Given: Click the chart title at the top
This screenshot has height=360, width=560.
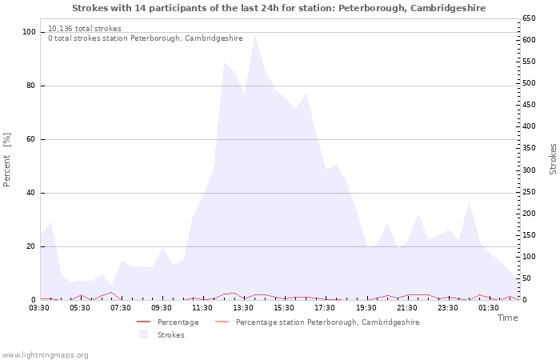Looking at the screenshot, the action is point(278,8).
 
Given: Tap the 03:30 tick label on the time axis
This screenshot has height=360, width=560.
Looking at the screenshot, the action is point(39,307).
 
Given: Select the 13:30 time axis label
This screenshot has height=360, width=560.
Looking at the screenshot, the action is point(243,307).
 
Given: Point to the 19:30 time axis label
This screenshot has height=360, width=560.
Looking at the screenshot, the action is point(366,307).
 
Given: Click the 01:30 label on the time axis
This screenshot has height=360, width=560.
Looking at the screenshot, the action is point(489,307).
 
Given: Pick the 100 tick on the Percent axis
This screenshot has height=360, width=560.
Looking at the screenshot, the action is point(29,32).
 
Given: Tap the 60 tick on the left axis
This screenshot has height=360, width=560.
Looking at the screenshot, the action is point(31,139).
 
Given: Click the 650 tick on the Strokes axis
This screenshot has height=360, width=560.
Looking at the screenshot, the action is point(530,18).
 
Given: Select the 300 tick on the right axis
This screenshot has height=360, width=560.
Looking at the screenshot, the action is point(530,170).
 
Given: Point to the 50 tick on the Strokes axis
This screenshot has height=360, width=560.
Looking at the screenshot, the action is point(527,278).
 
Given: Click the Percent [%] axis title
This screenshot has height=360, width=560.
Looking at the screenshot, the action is point(6,159).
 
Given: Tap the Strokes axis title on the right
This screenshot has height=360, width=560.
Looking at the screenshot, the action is point(553,159).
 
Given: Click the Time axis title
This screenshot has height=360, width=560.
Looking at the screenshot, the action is point(508,318).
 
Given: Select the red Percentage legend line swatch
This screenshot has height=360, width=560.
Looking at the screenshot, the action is point(143,322).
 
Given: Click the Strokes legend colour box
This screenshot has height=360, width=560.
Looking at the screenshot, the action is point(143,334).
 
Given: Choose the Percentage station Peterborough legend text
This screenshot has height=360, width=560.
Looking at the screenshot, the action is point(327,322).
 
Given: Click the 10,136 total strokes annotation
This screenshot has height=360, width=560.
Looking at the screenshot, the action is point(85,29).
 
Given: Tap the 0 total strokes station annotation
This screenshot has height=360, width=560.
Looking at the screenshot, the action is point(146,38).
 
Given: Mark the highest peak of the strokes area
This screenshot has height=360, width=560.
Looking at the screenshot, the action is point(254,34).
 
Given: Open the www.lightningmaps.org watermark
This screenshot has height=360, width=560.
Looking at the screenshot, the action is point(45,355).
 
